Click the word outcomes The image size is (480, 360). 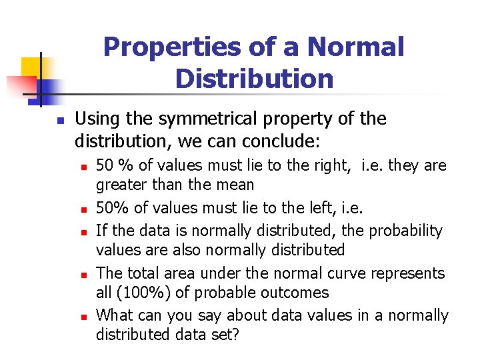click(297, 293)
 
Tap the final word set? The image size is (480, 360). click(224, 334)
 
